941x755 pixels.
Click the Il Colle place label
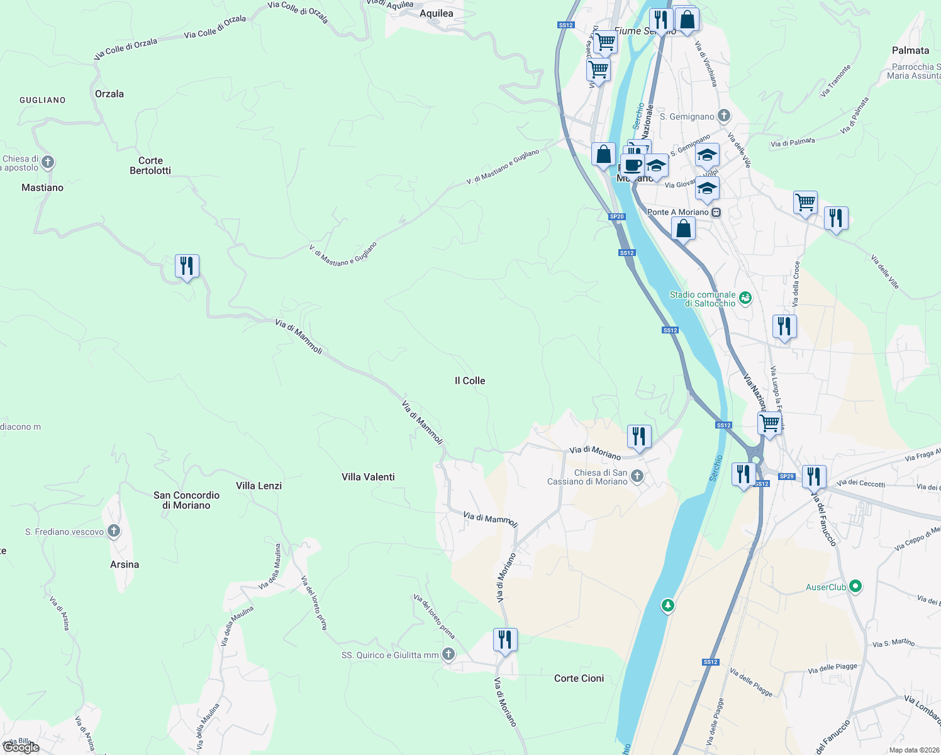tap(470, 381)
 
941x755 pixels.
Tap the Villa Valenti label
tap(368, 477)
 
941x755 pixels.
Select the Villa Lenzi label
tap(259, 486)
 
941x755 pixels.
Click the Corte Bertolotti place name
tap(150, 165)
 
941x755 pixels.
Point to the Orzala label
tap(109, 94)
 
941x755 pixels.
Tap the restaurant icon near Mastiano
tap(187, 266)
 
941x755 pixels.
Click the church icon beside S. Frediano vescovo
tap(114, 531)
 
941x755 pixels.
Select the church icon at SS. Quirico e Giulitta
tap(448, 654)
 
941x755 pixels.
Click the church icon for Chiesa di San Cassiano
tap(637, 476)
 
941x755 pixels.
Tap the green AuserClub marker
tap(855, 586)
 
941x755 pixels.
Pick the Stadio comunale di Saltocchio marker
tap(745, 298)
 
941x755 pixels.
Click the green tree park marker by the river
tap(667, 606)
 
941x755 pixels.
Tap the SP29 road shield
tap(786, 476)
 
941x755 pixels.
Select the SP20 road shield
tap(616, 216)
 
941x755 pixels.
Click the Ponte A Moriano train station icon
tap(716, 213)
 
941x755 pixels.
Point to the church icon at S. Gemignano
tap(724, 115)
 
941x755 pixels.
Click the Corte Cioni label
tap(579, 678)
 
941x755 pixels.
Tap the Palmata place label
tap(910, 50)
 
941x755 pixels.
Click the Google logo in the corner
tap(20, 747)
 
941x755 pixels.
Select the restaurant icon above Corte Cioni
tap(505, 640)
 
